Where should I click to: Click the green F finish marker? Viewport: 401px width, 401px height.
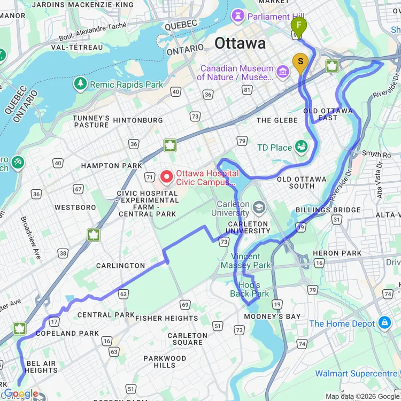coord(299,25)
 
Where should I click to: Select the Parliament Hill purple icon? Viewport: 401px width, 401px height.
coord(237,17)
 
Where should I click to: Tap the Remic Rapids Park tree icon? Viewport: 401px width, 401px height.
coord(80,84)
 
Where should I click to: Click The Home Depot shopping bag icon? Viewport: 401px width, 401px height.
coord(384,323)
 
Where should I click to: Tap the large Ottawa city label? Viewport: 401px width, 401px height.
coord(240,43)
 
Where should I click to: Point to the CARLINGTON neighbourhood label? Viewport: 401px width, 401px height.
coord(120,265)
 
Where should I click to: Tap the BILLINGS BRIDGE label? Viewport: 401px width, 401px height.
coord(328,210)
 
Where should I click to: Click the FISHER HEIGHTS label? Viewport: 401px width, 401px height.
coord(167,318)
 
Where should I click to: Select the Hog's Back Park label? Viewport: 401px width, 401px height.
coord(250,289)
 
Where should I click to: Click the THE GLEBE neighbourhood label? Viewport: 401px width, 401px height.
coord(276,120)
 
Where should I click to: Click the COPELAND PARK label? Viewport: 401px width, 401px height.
coord(67,333)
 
